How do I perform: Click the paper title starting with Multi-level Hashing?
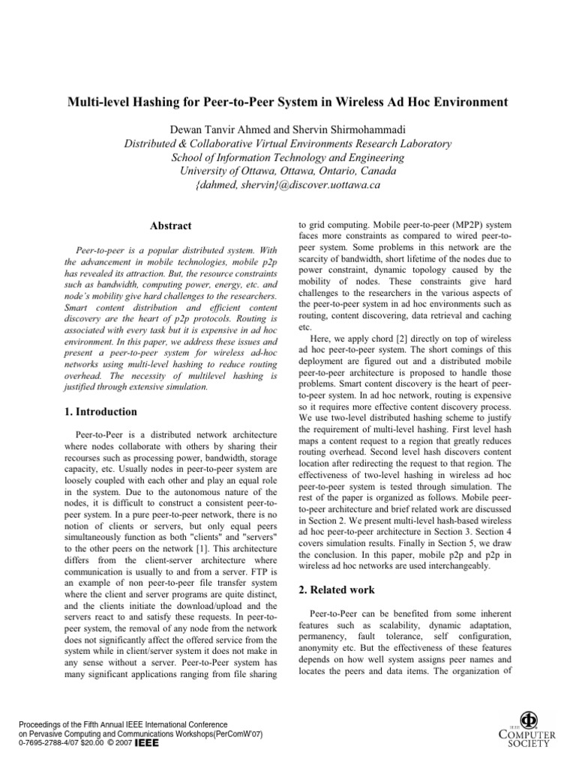[288, 102]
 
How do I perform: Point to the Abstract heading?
[170, 225]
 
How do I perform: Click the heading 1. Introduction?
[99, 411]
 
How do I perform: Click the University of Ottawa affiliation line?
[288, 171]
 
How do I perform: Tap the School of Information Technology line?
[288, 157]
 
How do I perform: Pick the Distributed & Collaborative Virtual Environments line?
[288, 143]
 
